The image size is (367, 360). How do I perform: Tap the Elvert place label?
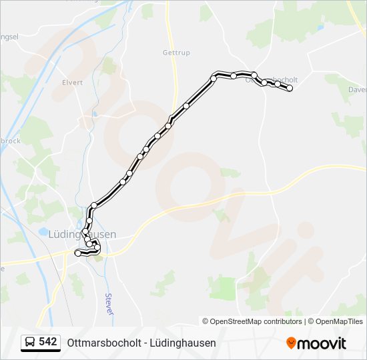coord(72,83)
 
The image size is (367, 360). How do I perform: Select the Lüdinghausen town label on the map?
coord(82,234)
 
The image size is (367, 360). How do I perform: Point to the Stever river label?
coord(108,304)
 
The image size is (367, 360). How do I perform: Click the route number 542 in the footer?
coord(48,342)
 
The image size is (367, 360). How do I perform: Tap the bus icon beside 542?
coord(30,343)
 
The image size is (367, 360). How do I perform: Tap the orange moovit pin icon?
coord(291,343)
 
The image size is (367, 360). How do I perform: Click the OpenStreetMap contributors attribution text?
coord(252,321)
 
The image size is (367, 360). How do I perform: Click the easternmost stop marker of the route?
coord(290,88)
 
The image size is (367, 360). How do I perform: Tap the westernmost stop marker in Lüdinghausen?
coord(78,253)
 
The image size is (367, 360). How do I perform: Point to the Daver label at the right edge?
coord(358,89)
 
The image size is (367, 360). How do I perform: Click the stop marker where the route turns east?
coord(214,79)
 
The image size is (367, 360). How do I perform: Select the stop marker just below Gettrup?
coord(186,105)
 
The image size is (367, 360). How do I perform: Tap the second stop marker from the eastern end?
coord(277,84)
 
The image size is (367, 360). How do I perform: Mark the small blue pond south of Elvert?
coord(95,113)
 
